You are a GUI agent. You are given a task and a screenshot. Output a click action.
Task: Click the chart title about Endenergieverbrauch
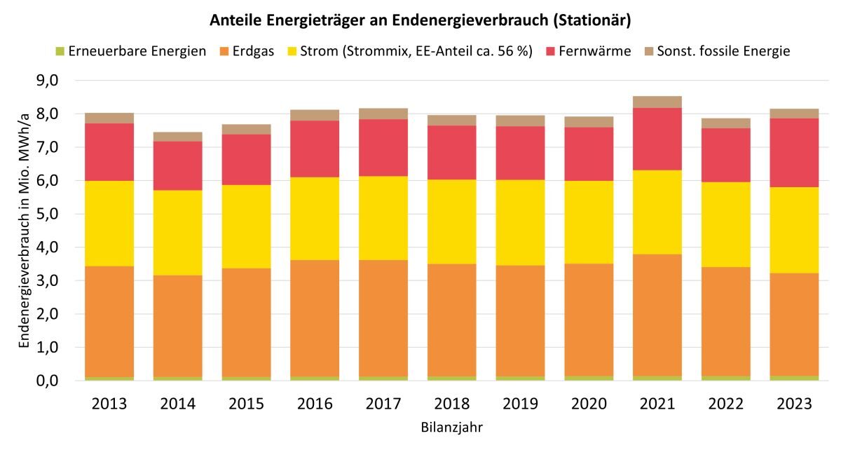(x=420, y=20)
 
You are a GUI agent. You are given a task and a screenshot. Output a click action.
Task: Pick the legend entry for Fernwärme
(x=598, y=51)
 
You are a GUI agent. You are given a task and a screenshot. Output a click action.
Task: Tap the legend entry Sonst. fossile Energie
(x=723, y=51)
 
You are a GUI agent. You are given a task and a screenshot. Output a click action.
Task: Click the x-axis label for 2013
(x=109, y=404)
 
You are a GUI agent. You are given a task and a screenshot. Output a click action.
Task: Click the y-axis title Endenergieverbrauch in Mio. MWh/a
(x=25, y=231)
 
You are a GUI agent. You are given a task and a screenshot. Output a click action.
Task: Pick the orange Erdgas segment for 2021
(x=657, y=315)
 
